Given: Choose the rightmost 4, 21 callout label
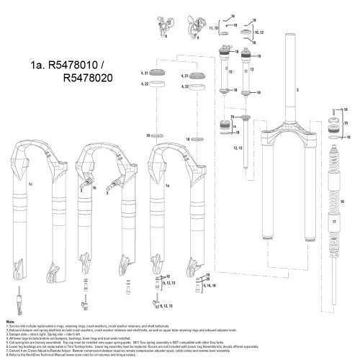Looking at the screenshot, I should pyautogui.click(x=183, y=75).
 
